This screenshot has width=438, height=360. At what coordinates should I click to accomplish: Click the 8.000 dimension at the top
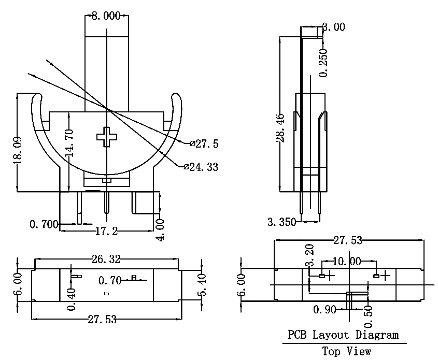(106, 16)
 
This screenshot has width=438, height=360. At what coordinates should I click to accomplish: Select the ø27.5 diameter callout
(204, 143)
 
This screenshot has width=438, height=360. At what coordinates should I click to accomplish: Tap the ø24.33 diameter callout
(201, 167)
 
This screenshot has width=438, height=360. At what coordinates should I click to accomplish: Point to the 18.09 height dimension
(18, 150)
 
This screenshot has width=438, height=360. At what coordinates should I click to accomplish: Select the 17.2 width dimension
(106, 231)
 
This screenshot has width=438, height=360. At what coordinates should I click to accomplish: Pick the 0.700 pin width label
(44, 224)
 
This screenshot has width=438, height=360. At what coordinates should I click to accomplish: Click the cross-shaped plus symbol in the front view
(107, 137)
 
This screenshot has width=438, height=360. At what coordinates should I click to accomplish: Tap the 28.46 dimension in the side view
(280, 128)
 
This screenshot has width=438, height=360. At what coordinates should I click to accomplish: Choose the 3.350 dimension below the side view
(281, 222)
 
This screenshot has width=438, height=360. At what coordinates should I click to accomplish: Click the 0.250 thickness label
(323, 63)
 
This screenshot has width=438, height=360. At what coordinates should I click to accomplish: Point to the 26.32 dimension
(106, 260)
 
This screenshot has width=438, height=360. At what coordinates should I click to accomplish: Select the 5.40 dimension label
(202, 285)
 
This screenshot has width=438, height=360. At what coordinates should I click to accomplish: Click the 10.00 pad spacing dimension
(347, 262)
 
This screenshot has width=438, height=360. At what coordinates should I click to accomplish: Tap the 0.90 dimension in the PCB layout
(324, 309)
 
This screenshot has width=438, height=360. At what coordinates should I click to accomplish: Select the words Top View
(347, 351)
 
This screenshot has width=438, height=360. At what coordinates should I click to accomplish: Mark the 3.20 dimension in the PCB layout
(309, 255)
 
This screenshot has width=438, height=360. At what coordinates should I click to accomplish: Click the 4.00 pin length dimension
(160, 229)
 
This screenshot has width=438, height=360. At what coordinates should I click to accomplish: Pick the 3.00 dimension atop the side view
(334, 27)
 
